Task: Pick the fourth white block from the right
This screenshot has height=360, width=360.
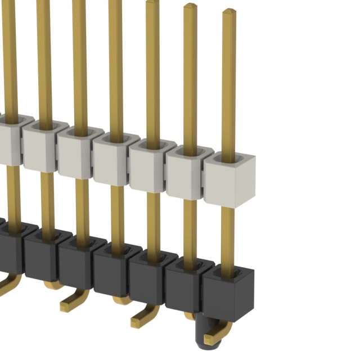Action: (111, 160)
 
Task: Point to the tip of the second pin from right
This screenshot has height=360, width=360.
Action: (190, 6)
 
